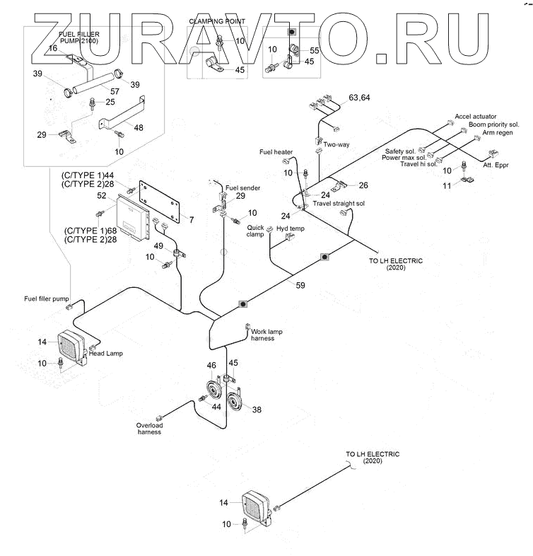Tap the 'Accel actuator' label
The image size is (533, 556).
[x=475, y=116]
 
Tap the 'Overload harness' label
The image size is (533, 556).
[x=150, y=429]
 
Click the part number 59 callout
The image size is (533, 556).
[x=300, y=286]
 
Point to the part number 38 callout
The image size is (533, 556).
[x=256, y=410]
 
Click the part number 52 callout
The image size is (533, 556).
[x=102, y=195]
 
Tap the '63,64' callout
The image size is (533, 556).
[x=359, y=97]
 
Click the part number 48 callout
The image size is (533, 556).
[x=138, y=127]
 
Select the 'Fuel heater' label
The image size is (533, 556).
[x=276, y=152]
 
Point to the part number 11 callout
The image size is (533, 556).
[x=447, y=185]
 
